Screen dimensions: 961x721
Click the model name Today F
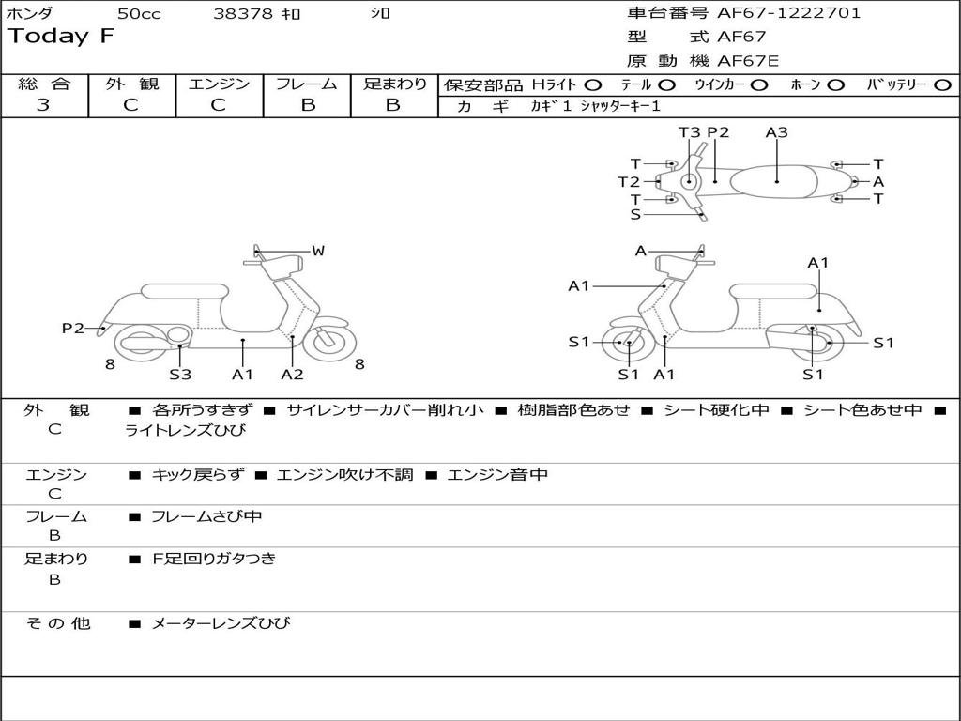pyautogui.click(x=61, y=37)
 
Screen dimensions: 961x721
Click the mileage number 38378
pyautogui.click(x=243, y=13)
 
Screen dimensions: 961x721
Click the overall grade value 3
pyautogui.click(x=43, y=105)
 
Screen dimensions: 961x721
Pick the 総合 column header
pyautogui.click(x=44, y=84)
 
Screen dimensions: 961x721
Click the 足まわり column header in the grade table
pyautogui.click(x=394, y=84)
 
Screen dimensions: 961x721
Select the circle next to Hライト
pyautogui.click(x=593, y=85)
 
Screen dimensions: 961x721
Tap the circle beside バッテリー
pyautogui.click(x=943, y=85)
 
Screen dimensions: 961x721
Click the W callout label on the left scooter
pyautogui.click(x=318, y=251)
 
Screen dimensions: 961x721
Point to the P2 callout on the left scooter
pyautogui.click(x=73, y=328)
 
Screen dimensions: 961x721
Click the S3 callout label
pyautogui.click(x=180, y=375)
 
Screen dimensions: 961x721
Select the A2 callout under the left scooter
pyautogui.click(x=293, y=375)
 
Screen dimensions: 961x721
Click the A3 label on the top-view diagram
pyautogui.click(x=776, y=132)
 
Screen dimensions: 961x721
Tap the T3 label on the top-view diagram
pyautogui.click(x=690, y=132)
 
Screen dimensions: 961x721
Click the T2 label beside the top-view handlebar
pyautogui.click(x=629, y=182)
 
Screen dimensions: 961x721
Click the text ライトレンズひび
pyautogui.click(x=185, y=431)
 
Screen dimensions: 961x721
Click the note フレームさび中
pyautogui.click(x=206, y=516)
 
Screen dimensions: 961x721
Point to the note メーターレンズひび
pyautogui.click(x=221, y=623)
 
